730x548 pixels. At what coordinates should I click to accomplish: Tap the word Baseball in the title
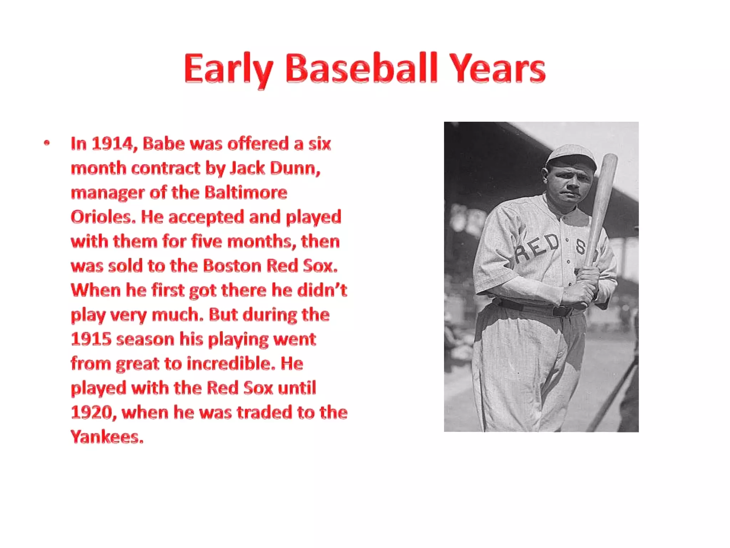click(x=361, y=68)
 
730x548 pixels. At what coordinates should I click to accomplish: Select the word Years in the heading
click(x=497, y=68)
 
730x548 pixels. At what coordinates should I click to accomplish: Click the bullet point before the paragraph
click(x=47, y=143)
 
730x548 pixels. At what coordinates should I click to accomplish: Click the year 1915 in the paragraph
click(x=91, y=339)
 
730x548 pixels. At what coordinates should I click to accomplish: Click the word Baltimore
click(x=246, y=193)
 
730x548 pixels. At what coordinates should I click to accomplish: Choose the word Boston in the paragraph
click(x=232, y=266)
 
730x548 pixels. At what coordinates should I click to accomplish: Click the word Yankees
click(x=107, y=437)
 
